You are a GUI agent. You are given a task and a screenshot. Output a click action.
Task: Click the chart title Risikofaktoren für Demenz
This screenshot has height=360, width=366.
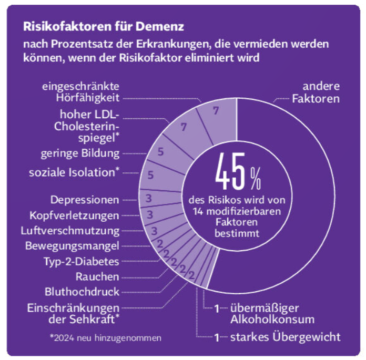pos(103,25)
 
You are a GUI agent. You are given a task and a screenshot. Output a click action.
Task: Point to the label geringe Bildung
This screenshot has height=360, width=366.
pos(80,153)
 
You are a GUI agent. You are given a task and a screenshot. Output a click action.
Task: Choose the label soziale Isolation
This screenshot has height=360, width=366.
pos(77,172)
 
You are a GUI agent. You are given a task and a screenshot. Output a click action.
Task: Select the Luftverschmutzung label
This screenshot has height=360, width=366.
pos(77,231)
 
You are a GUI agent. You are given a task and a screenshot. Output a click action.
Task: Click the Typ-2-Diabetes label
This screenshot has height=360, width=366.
pos(80,261)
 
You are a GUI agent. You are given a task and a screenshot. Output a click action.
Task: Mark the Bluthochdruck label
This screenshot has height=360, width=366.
pos(82,292)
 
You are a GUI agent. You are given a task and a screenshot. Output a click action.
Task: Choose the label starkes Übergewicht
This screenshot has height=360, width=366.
pos(284,337)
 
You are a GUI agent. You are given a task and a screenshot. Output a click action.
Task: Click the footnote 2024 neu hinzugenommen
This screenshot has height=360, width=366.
pos(106,337)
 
